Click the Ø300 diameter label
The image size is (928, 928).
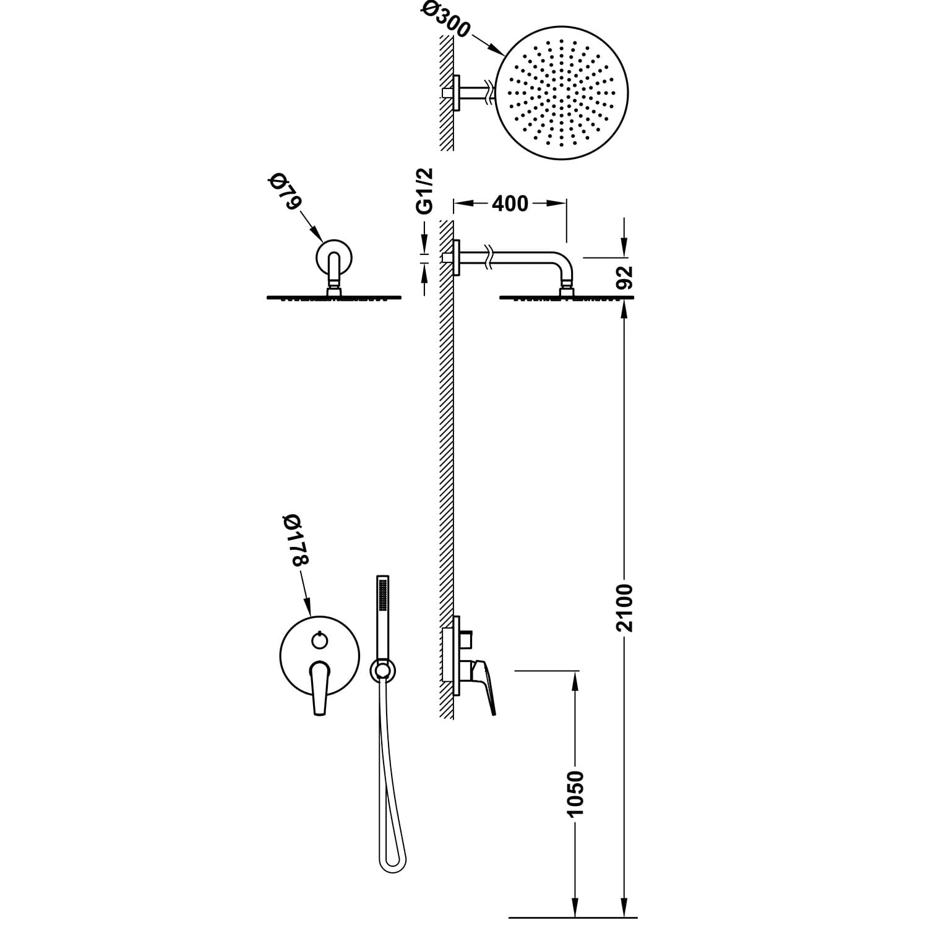coord(446,21)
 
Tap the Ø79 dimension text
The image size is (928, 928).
coord(284,193)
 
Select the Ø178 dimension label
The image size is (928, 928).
coord(294,539)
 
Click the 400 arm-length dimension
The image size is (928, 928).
coord(510,203)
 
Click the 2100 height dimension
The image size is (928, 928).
coord(625,607)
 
